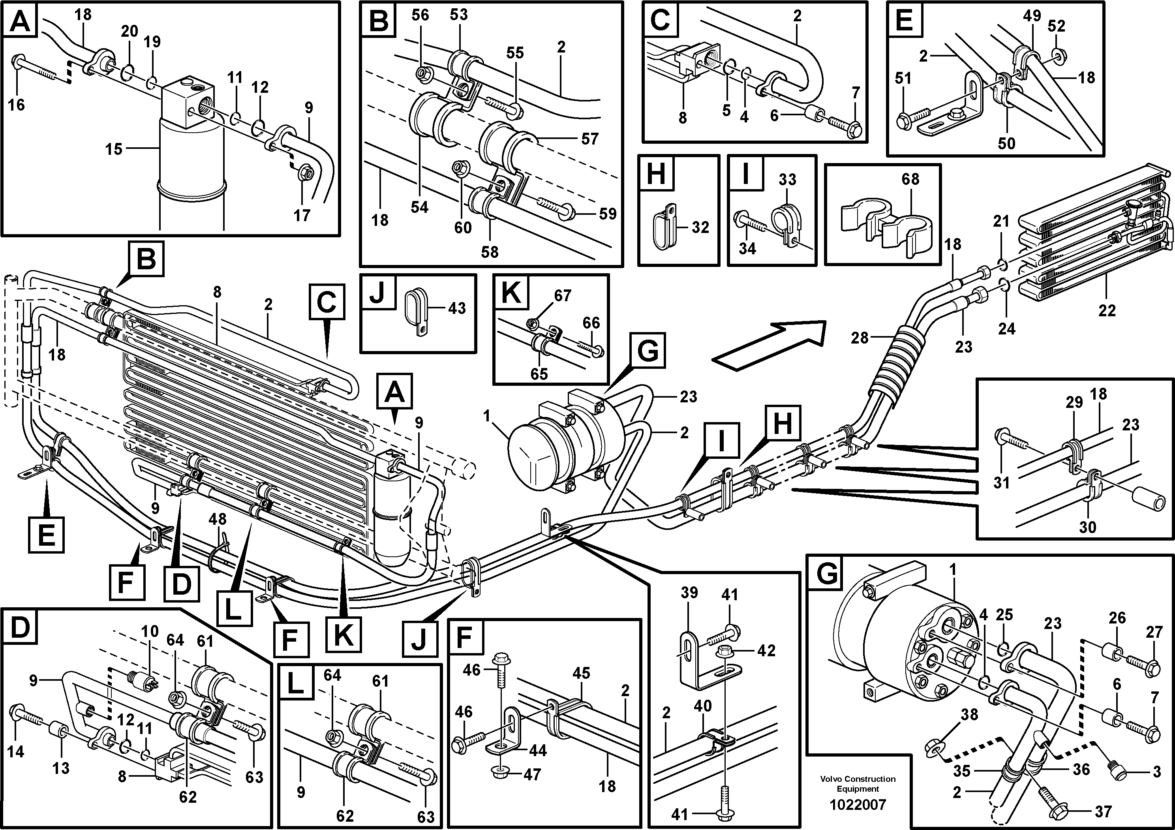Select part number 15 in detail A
point(114,149)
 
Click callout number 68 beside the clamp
point(910,179)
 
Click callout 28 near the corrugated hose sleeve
point(860,338)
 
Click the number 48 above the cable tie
point(218,519)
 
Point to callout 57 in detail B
point(589,139)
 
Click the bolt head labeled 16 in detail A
point(17,62)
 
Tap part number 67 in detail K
point(562,296)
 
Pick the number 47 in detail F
point(532,775)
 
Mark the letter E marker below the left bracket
point(47,536)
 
